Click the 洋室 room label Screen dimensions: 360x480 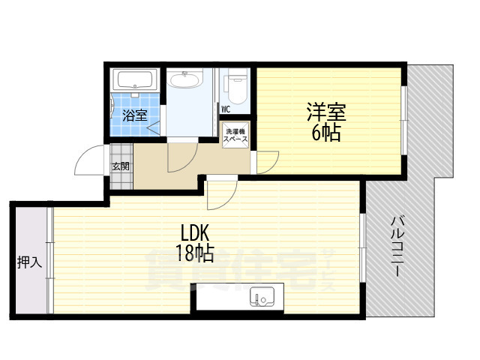pos(325,112)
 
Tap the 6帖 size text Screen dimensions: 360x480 pos(325,134)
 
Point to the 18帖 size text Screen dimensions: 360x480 pos(194,253)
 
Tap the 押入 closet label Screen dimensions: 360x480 pos(29,262)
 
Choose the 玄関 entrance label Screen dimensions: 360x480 pos(120,166)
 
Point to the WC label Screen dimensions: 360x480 pos(225,109)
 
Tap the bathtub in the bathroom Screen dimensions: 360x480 pos(134,79)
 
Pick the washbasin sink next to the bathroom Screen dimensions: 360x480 pos(184,79)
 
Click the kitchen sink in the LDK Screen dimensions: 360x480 pos(262,298)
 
